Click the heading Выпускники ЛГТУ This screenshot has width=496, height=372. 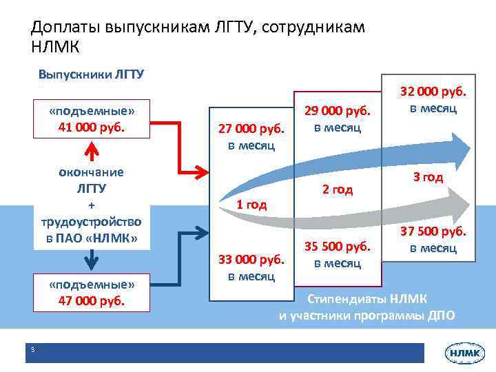(91, 74)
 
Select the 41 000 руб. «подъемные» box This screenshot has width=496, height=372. (92, 120)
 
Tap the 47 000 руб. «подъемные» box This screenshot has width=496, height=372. (92, 292)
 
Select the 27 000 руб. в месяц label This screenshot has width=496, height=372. (251, 136)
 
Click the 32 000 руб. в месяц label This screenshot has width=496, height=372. (433, 99)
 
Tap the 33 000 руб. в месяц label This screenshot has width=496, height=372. (251, 267)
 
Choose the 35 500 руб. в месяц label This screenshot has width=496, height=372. (338, 254)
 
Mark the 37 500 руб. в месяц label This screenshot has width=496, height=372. (433, 239)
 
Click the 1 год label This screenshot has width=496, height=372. (251, 204)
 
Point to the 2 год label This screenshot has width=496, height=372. (337, 189)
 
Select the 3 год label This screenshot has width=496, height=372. (428, 177)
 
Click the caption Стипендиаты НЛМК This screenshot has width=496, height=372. (367, 300)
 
